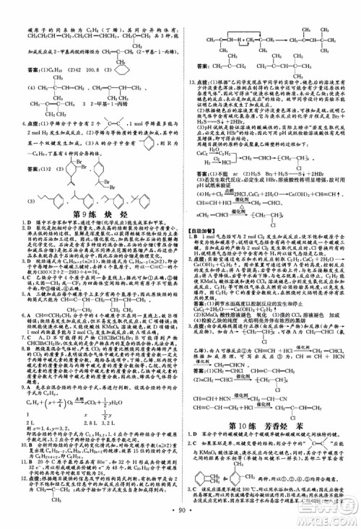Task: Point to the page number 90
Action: click(180, 517)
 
